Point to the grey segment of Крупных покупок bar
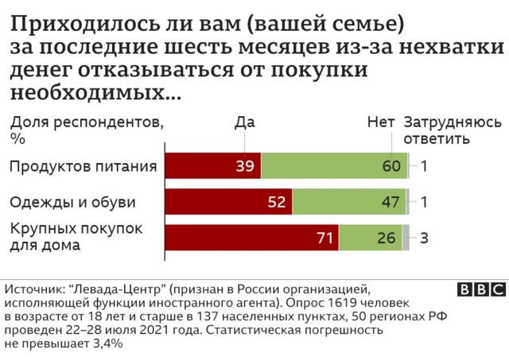(x=406, y=237)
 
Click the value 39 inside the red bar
(x=245, y=167)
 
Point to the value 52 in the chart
(x=277, y=202)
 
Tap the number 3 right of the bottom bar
(x=425, y=237)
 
